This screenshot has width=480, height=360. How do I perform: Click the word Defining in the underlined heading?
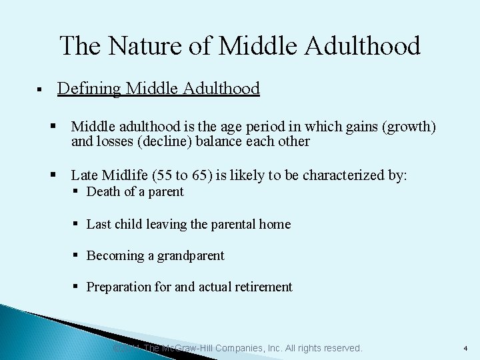89,88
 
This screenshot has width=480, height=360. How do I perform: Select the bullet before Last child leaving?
77,224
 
